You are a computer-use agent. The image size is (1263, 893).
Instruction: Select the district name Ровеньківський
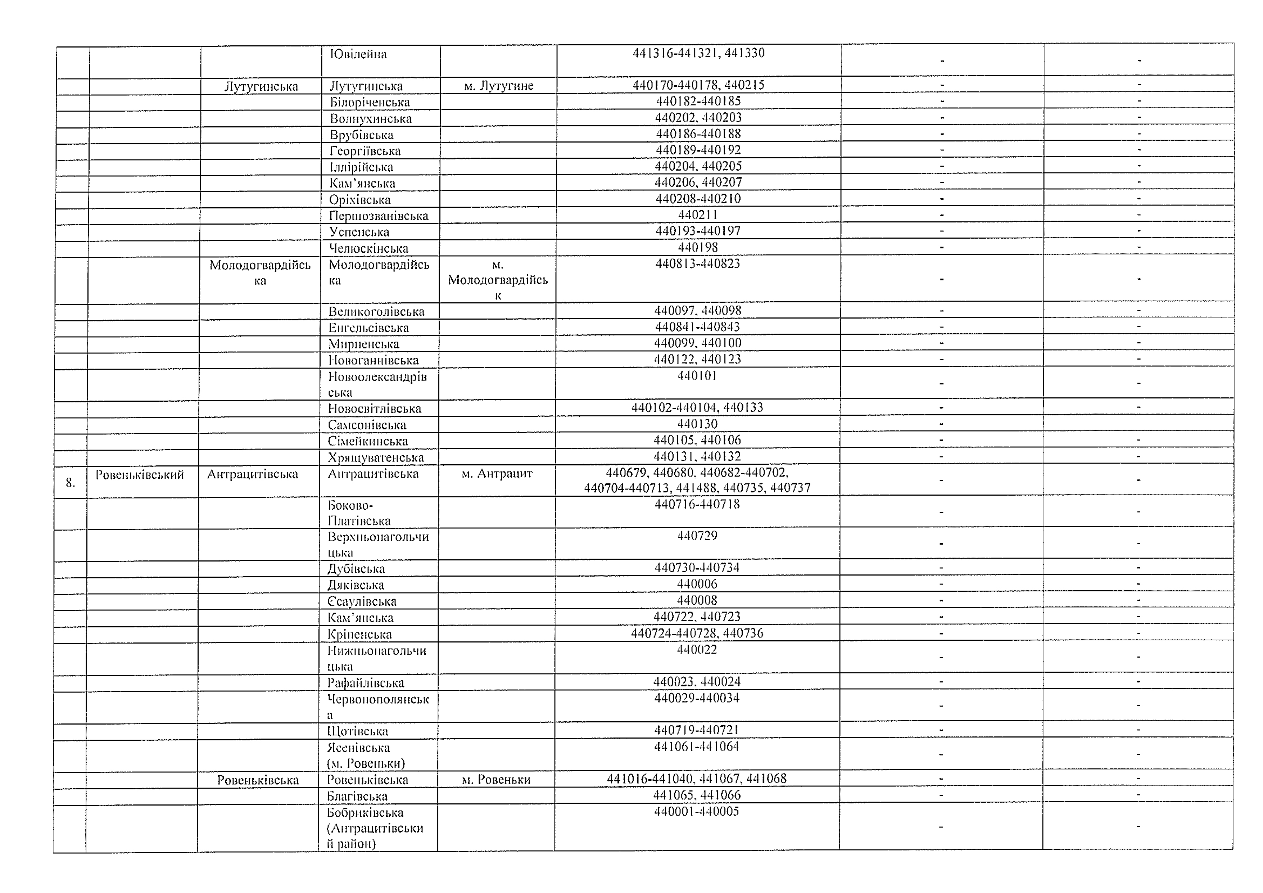click(140, 475)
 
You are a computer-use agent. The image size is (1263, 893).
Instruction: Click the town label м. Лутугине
click(498, 86)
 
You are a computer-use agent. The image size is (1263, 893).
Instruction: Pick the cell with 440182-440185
click(698, 101)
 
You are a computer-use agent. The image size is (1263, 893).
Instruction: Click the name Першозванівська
click(379, 216)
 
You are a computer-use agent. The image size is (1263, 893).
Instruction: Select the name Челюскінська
click(368, 248)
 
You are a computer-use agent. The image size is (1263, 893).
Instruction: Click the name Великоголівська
click(376, 311)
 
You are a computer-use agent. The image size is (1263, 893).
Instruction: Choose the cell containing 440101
click(697, 376)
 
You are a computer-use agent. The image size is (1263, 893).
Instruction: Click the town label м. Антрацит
click(497, 474)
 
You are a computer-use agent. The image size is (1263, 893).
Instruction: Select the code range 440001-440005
click(696, 812)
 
